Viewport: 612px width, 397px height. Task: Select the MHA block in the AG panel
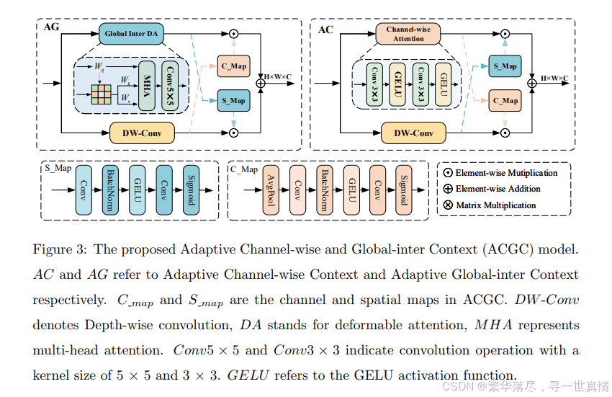click(146, 84)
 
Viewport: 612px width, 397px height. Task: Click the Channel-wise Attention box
click(408, 34)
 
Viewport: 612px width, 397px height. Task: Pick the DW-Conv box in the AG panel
click(141, 133)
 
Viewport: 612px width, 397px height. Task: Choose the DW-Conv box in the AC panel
click(413, 133)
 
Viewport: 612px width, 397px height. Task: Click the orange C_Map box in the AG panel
click(233, 66)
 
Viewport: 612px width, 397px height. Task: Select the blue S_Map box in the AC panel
click(505, 66)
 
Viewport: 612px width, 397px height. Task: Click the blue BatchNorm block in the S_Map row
click(112, 190)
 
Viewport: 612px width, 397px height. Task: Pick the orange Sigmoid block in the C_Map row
click(403, 190)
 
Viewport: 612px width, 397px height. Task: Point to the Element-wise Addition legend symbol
click(446, 189)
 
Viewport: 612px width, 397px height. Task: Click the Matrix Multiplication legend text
click(496, 205)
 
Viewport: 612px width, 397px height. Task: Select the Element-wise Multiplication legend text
click(506, 173)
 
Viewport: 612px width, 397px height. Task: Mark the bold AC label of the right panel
click(326, 30)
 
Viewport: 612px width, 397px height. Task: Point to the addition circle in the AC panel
click(532, 84)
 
